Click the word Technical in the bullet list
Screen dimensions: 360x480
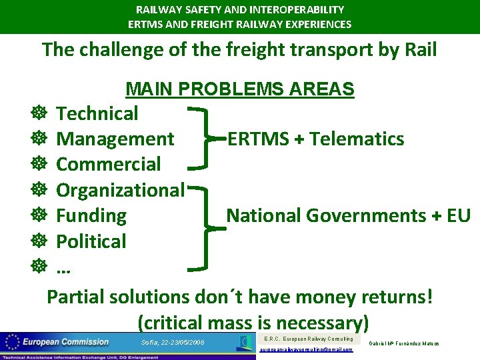pos(97,114)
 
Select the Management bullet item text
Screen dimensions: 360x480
pos(115,139)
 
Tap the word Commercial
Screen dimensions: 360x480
pos(109,165)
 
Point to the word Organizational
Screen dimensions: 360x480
pos(120,191)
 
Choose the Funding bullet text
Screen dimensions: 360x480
pos(91,216)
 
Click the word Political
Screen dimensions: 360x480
pos(91,241)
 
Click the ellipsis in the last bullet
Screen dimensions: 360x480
pos(64,268)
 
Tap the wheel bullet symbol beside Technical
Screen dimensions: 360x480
pos(37,114)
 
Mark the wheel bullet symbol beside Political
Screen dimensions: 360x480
pos(37,241)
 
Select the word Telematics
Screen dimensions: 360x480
pos(357,139)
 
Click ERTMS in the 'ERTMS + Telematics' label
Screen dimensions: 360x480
pos(257,139)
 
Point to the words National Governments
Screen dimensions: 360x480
pos(324,216)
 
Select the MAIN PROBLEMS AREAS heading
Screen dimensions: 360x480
pos(240,89)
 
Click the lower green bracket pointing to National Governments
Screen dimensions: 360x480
pos(201,228)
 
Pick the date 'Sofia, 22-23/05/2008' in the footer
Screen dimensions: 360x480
pos(173,343)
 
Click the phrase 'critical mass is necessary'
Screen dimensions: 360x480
pos(253,323)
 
